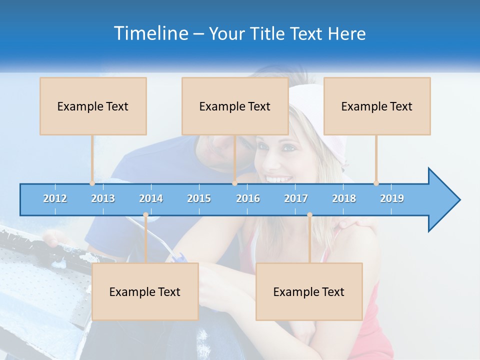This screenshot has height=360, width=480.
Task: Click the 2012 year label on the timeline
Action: click(55, 198)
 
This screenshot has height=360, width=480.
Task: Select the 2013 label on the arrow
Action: click(103, 198)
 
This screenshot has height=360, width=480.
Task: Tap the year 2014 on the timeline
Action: click(151, 198)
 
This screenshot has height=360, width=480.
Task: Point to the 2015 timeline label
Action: click(199, 198)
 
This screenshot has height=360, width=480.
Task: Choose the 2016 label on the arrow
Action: click(248, 198)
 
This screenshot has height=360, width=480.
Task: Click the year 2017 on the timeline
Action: click(296, 198)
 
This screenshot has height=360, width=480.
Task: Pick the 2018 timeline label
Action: click(344, 198)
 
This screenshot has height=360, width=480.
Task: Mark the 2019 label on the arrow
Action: click(392, 198)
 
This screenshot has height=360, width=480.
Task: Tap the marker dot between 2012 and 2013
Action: click(92, 183)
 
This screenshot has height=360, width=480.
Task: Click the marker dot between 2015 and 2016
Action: click(234, 183)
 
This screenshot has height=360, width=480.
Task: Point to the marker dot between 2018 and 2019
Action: click(376, 183)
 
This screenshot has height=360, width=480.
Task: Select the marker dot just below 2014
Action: click(145, 215)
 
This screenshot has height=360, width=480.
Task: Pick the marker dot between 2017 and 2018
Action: click(309, 215)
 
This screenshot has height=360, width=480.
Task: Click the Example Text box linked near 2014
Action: click(145, 291)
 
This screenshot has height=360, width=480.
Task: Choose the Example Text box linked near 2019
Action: click(377, 106)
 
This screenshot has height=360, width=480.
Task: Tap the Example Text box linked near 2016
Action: click(235, 106)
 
